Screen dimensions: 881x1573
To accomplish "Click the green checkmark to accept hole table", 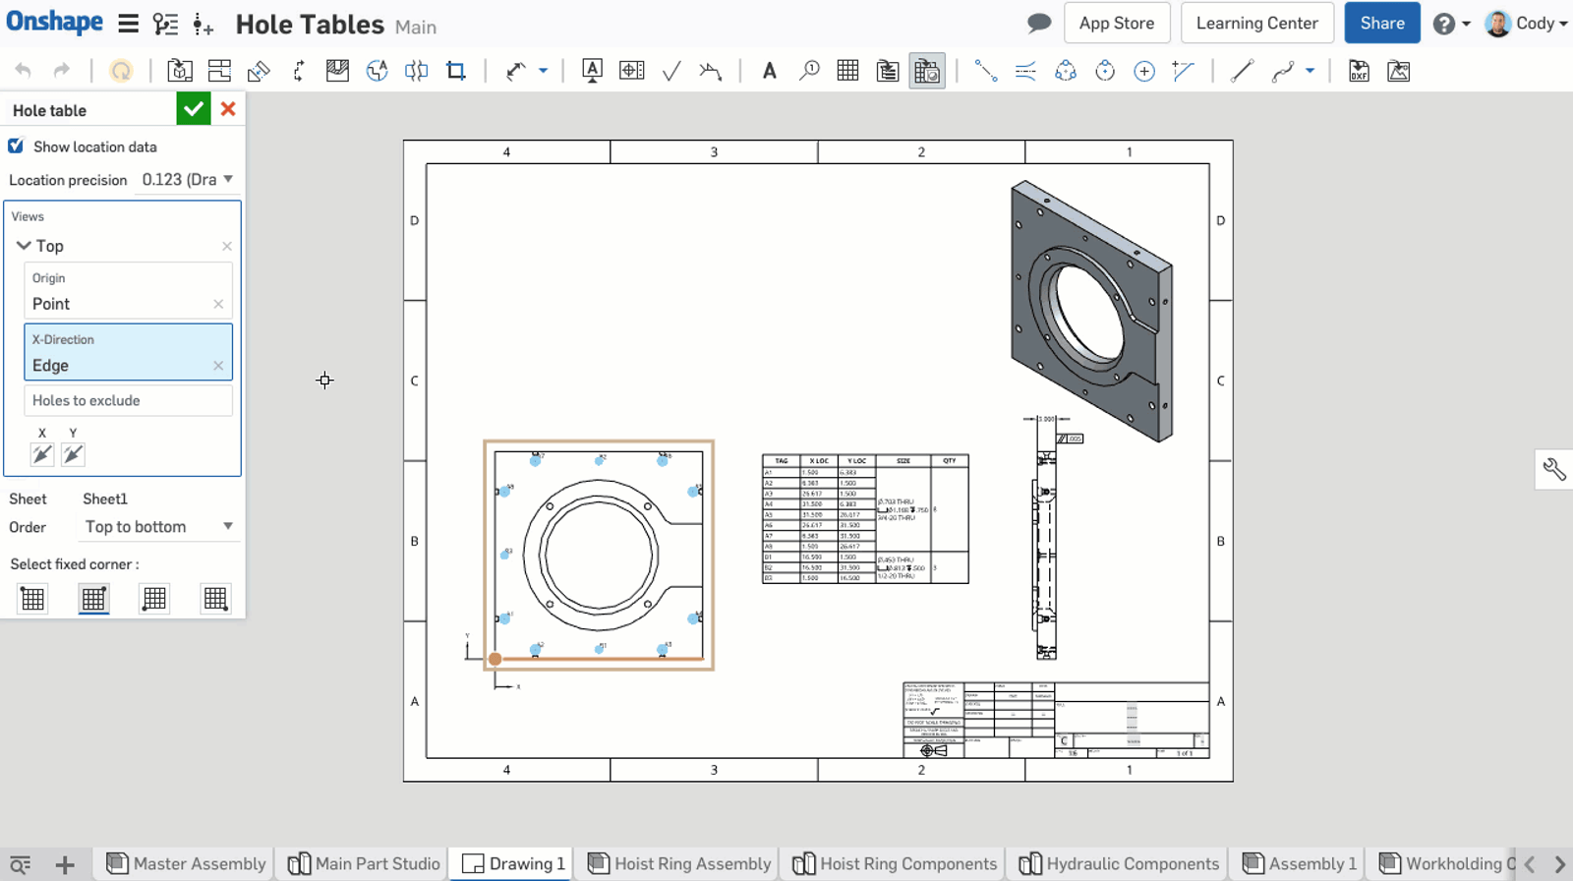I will (194, 109).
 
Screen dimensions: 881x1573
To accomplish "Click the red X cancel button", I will (228, 109).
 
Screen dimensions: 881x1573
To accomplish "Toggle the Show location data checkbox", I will (16, 147).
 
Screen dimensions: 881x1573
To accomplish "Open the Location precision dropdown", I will (187, 179).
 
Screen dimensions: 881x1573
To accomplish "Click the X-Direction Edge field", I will (118, 365).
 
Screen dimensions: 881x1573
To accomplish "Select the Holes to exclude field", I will (128, 400).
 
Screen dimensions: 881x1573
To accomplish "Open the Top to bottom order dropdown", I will (157, 526).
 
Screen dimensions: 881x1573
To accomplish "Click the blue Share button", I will (1381, 24).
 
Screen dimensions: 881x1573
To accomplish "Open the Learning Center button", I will (1256, 24).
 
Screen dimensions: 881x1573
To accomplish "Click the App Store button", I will (1116, 24).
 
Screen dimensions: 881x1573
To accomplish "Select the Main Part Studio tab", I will (365, 863).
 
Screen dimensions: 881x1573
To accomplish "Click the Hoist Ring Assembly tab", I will (679, 863).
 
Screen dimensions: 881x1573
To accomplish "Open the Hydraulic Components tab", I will (1120, 863).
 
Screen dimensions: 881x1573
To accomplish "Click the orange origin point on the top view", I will (495, 659).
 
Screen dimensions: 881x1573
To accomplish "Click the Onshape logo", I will (54, 23).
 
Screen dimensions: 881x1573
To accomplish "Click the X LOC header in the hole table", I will (818, 460).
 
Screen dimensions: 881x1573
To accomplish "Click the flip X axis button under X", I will (42, 454).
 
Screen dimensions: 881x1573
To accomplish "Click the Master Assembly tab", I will (187, 863).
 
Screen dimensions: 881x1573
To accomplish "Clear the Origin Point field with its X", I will (218, 304).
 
